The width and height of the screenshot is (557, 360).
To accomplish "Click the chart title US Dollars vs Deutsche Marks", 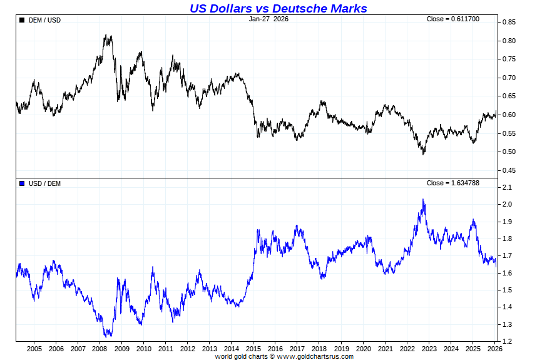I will coord(278,8).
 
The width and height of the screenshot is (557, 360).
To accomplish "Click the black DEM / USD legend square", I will coord(22,20).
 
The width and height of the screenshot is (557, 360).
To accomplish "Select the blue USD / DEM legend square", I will coord(22,183).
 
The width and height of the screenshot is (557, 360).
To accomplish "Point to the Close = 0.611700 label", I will coord(452,19).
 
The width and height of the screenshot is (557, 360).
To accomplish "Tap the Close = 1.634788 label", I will coord(452,183).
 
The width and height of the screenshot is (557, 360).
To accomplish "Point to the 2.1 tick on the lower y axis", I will coord(506,188).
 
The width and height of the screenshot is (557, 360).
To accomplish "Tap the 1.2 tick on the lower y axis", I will coord(506,341).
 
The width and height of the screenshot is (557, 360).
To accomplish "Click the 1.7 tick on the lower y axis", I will coord(506,256).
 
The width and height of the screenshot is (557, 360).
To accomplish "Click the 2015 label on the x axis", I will coord(253,348).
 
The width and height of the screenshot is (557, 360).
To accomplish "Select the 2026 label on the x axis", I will coord(494,348).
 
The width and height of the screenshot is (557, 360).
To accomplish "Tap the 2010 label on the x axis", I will coord(144,348).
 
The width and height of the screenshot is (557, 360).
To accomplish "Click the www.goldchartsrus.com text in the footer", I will coord(315,356).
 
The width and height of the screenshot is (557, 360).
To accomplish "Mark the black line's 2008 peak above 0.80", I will coord(107,36).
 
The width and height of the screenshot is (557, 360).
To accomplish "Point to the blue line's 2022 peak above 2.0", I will coord(423,200).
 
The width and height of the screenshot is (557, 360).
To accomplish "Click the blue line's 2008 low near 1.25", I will coord(108,336).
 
